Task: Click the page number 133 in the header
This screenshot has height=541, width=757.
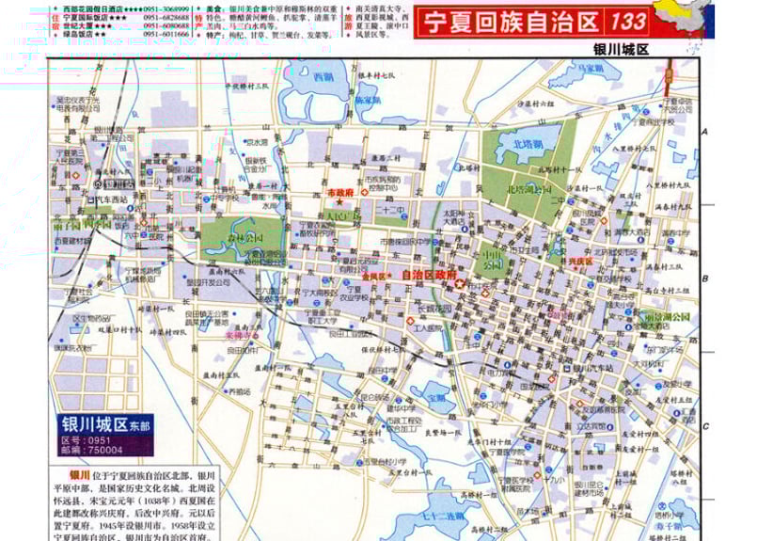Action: point(626,21)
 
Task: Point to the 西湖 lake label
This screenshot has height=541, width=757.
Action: point(324,77)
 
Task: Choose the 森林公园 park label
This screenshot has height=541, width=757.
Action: point(245,238)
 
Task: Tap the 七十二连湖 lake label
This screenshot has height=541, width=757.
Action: point(445,517)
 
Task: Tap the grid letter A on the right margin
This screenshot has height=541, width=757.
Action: point(704,131)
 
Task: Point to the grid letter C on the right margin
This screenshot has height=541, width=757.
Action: point(704,425)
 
